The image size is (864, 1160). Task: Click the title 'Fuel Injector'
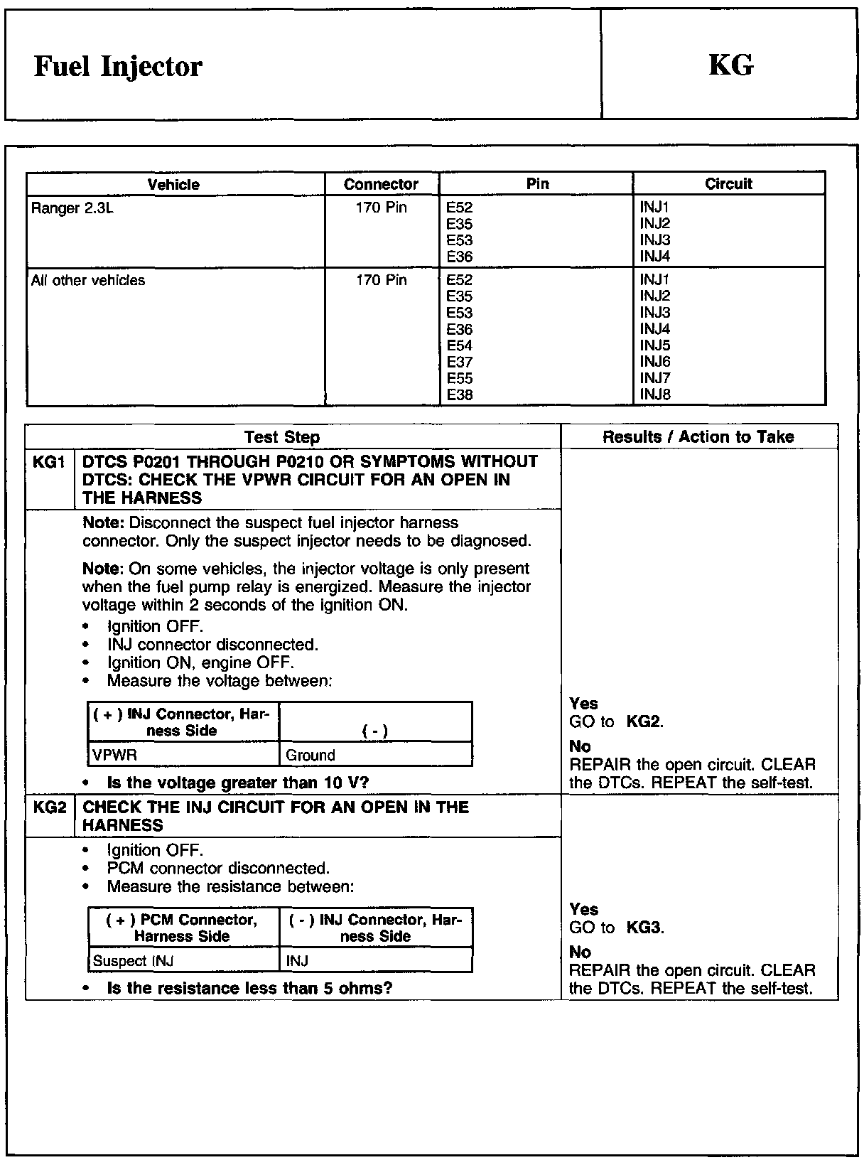pos(118,67)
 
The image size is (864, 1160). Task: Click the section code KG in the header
pos(730,65)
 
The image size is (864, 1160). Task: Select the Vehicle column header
pos(173,184)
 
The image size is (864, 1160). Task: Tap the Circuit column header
pos(728,184)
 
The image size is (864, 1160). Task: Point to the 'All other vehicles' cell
pos(88,280)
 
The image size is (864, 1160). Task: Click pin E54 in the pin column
pos(460,345)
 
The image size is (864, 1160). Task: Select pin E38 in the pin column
pos(460,394)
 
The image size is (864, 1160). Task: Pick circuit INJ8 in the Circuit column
pos(655,394)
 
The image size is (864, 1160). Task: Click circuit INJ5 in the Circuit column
pos(655,345)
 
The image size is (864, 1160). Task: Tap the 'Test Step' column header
pos(282,437)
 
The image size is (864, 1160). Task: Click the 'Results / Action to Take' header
pos(698,436)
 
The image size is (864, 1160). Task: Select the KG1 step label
pos(49,462)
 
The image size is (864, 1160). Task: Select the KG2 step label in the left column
pos(49,807)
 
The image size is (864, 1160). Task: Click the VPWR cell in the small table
pos(114,755)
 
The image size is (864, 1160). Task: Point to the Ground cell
pos(310,755)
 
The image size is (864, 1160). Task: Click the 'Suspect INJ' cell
pos(134,961)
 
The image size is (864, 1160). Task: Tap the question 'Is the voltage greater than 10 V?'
pos(237,783)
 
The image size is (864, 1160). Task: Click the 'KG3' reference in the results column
pos(644,928)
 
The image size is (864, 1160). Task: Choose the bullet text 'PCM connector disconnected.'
pos(218,869)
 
